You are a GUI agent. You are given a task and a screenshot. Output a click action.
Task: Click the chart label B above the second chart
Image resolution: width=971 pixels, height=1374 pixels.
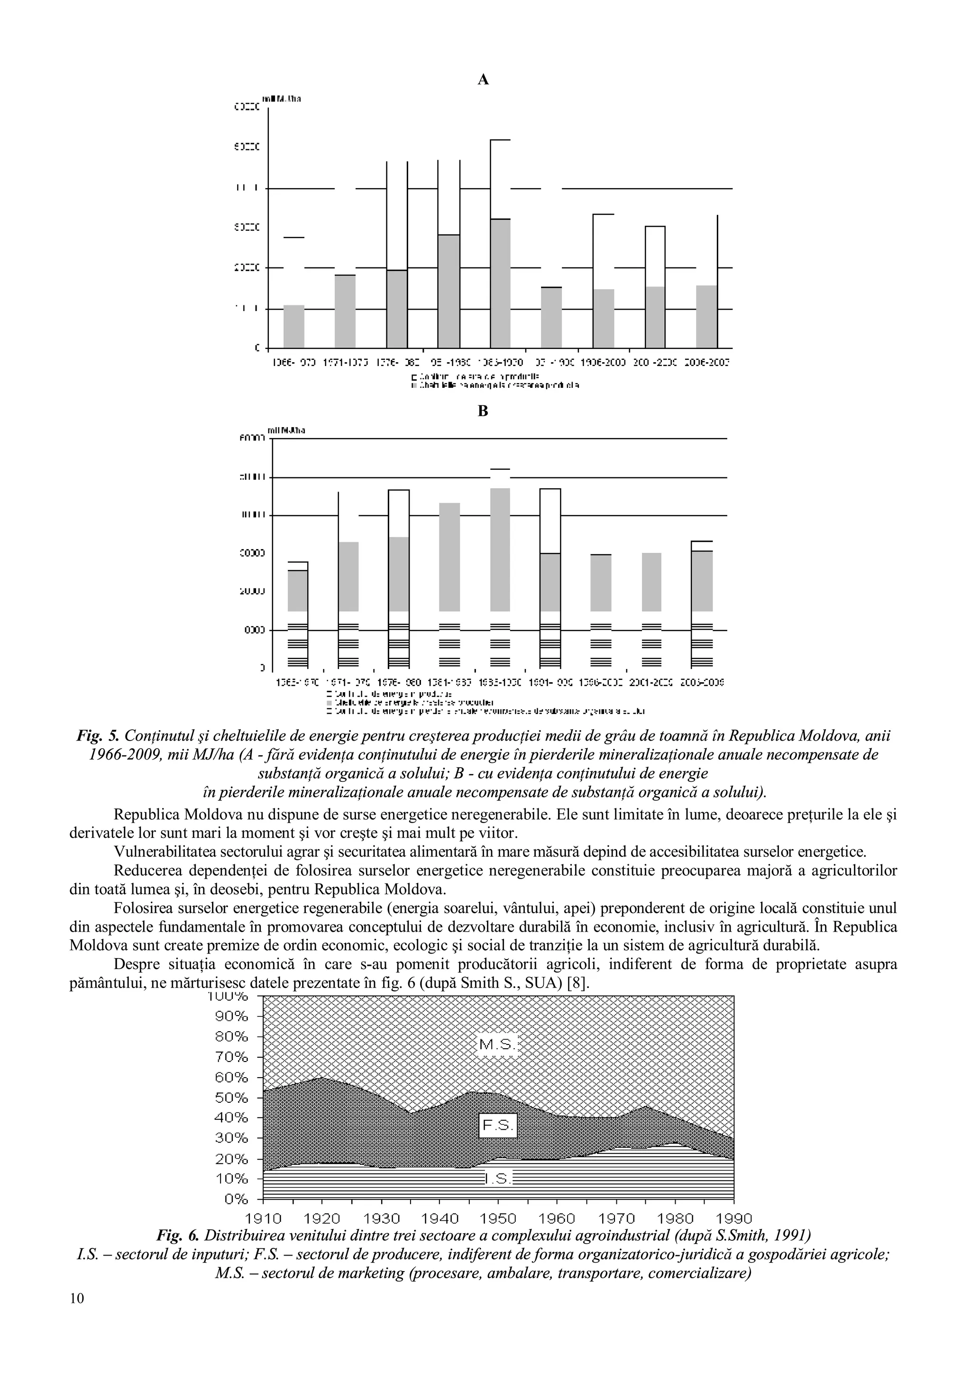tap(484, 411)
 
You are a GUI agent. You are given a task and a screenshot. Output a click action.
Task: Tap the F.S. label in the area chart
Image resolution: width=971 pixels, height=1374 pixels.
tap(498, 1126)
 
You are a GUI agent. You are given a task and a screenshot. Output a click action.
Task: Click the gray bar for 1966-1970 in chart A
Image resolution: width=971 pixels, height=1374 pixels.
tap(294, 326)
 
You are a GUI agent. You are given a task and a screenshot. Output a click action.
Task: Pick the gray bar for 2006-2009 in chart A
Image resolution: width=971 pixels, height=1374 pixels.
tap(706, 317)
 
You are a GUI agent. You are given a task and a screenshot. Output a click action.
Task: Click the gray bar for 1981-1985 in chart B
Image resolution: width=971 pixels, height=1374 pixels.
tap(449, 557)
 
